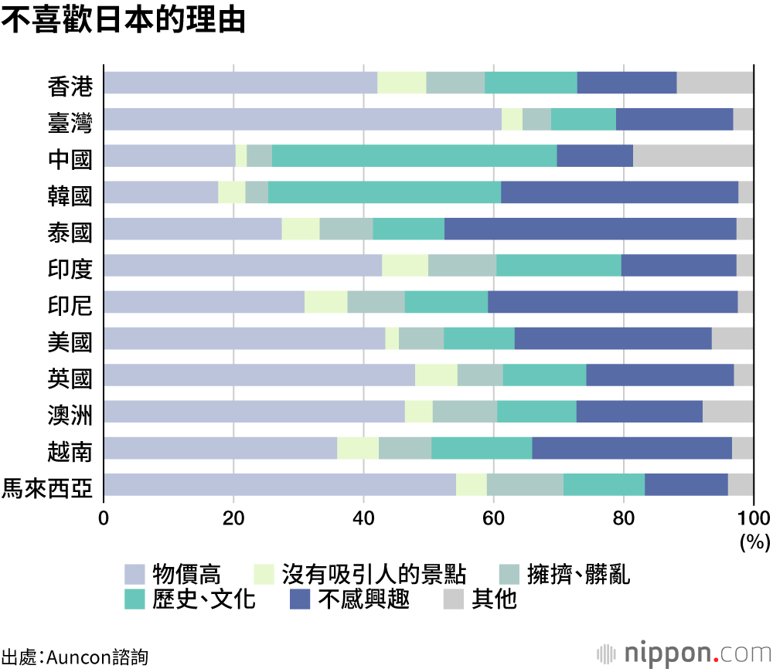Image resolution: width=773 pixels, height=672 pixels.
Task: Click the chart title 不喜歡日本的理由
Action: (123, 21)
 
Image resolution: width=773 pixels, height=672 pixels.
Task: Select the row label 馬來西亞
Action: (48, 487)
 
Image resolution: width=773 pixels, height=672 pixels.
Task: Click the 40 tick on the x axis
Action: (363, 518)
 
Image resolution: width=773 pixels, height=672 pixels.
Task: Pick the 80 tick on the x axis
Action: (623, 518)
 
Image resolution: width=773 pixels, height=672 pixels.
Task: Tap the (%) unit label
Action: (754, 542)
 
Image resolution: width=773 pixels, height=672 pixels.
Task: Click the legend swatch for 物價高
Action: (135, 574)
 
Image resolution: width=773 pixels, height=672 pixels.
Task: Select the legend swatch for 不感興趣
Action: (300, 599)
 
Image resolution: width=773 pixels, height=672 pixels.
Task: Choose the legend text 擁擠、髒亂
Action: (578, 574)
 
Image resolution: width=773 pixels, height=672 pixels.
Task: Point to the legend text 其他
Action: (494, 599)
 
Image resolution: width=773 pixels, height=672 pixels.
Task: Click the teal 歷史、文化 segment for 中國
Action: (414, 155)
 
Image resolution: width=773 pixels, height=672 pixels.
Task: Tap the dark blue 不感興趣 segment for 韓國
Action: (619, 192)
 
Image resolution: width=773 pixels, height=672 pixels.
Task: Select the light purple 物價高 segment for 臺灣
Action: (302, 119)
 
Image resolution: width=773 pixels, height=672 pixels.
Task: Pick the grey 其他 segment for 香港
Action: (715, 83)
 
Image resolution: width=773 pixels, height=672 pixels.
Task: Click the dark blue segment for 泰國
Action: (590, 229)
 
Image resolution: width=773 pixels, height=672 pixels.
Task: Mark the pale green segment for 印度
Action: (405, 265)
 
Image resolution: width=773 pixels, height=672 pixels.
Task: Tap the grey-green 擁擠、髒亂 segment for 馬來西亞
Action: (525, 484)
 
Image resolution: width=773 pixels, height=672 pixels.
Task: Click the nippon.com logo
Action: (683, 653)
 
